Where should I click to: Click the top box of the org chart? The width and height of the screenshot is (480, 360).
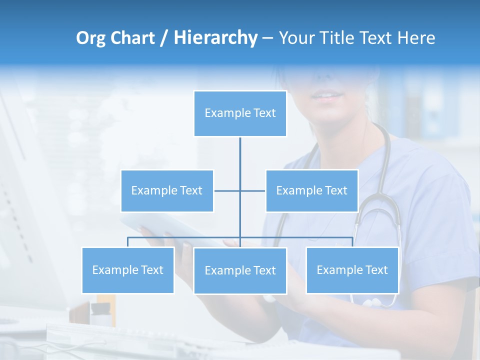coord(240,113)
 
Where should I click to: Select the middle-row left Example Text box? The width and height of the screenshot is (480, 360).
coord(167,190)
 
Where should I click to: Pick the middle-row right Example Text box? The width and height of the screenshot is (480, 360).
coord(311,190)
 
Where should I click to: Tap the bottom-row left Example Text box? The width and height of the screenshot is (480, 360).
coord(127,270)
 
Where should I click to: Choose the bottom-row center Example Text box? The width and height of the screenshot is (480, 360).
coord(240,270)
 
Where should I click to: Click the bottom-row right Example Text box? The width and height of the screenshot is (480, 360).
coord(352,270)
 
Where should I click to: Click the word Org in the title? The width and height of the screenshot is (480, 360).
coord(90,38)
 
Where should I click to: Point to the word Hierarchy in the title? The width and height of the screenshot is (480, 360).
coord(215,38)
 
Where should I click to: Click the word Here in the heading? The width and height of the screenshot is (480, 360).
coord(415,38)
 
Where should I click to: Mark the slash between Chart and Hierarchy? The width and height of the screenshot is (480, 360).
coord(164,38)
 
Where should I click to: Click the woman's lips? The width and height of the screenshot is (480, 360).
coord(327,95)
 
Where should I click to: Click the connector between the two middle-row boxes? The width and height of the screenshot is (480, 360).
coord(240,190)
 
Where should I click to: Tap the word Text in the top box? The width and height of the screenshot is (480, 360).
coord(264,113)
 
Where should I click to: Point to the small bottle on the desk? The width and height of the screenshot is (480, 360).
coord(100,313)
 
